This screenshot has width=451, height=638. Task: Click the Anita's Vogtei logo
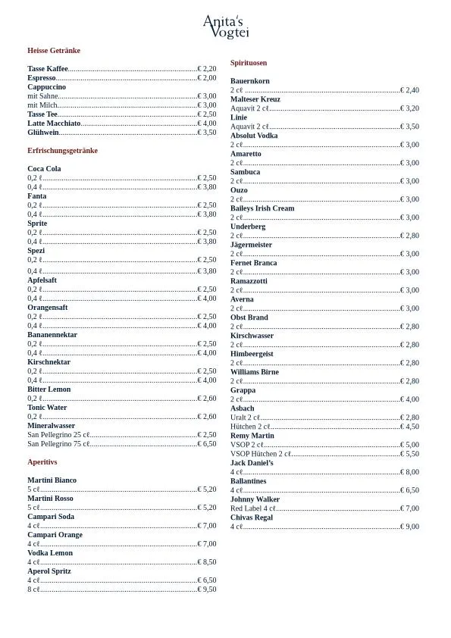click(226, 27)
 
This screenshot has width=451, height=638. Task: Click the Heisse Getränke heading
click(54, 51)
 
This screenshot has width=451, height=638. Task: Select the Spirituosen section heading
click(249, 63)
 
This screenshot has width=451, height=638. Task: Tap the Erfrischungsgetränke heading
click(62, 151)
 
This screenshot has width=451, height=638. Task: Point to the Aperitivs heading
click(42, 462)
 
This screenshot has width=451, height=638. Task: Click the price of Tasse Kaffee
click(207, 69)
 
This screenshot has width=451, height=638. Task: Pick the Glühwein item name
click(43, 133)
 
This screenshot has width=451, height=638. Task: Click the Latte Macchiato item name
click(54, 124)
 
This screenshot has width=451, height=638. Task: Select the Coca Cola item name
click(44, 169)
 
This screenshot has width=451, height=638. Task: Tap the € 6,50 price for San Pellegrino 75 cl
click(207, 444)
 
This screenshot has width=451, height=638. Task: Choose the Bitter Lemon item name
click(49, 389)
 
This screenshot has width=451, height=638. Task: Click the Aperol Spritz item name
click(49, 571)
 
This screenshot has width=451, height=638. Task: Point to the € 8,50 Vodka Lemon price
click(207, 562)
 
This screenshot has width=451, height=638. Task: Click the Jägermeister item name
click(251, 245)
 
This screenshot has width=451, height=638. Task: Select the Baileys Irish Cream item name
click(262, 208)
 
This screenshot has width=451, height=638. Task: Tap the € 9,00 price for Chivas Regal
click(409, 527)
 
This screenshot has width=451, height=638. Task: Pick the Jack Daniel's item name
click(252, 463)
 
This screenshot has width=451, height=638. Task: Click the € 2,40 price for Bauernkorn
click(409, 90)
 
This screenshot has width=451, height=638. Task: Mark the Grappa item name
click(243, 390)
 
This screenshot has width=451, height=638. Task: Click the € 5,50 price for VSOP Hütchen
click(409, 454)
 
